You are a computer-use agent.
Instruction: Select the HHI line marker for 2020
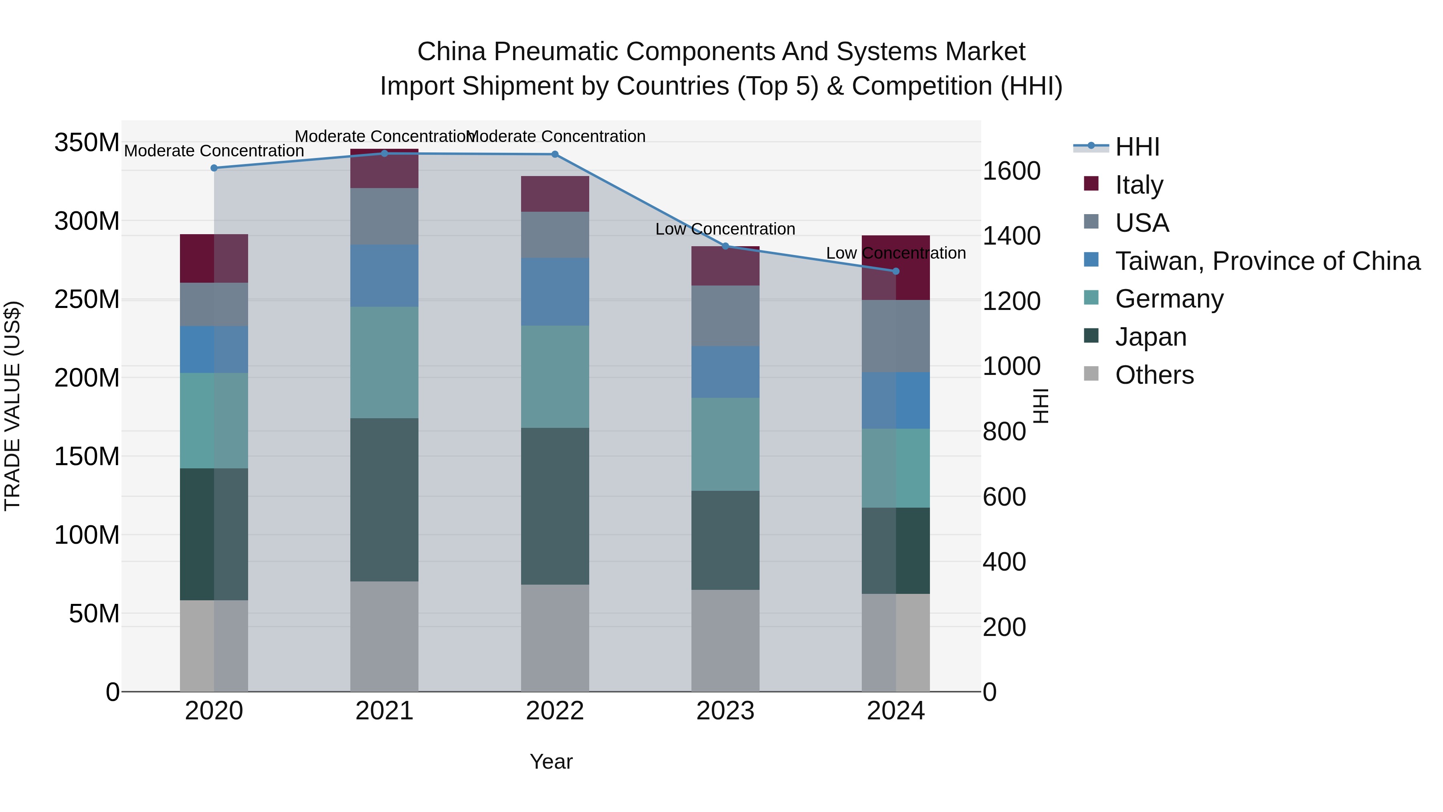tap(214, 168)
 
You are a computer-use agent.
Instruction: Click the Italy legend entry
tap(1139, 184)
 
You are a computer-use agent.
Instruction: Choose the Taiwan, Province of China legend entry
tap(1267, 261)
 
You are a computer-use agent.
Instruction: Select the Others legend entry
tap(1154, 375)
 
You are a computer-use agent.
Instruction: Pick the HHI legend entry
tap(1137, 147)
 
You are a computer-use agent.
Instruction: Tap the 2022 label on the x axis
tap(555, 711)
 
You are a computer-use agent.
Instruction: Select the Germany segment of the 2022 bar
tap(555, 377)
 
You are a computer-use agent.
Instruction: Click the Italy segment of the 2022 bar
tap(555, 194)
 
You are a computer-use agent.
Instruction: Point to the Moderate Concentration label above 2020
tap(214, 151)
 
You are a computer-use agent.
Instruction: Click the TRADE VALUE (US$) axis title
tap(12, 406)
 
